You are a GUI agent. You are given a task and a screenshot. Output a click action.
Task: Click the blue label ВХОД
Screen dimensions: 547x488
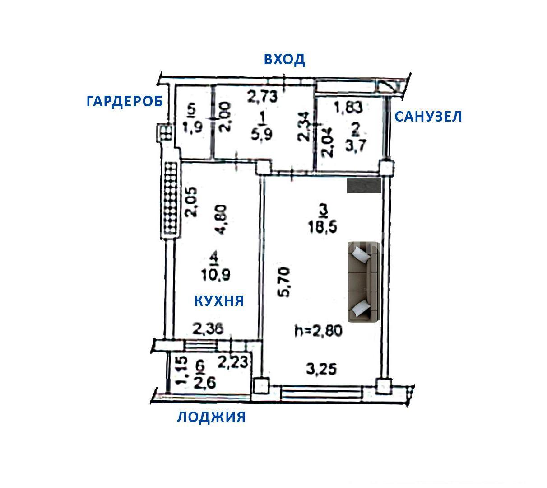[284, 60]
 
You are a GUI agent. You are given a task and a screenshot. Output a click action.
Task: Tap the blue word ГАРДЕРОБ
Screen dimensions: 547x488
[125, 101]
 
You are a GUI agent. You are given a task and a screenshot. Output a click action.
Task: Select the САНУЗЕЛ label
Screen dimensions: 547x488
[428, 117]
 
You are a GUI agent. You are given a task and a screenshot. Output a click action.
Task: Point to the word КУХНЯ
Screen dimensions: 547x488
[219, 300]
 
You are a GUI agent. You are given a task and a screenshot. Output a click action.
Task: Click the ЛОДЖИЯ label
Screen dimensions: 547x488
[211, 417]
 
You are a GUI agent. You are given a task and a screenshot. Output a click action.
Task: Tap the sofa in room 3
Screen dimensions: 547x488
[364, 282]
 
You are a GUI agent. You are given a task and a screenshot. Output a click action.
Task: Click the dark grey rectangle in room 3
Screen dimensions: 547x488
[364, 185]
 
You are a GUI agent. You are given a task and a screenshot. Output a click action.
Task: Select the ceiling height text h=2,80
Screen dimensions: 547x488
[319, 331]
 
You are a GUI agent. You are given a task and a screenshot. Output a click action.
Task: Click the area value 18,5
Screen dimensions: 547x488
[322, 226]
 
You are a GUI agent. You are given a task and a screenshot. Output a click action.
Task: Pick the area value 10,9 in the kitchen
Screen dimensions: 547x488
[216, 275]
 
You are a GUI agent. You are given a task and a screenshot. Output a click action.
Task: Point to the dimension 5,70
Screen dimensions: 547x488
[285, 282]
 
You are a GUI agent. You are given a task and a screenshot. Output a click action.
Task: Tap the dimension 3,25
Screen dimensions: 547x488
[321, 369]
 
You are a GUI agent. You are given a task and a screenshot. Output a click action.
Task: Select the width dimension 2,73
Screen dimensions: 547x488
[262, 97]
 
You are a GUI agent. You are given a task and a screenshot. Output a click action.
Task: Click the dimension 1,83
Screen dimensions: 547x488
[348, 107]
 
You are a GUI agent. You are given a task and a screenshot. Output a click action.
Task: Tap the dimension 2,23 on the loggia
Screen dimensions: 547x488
[233, 362]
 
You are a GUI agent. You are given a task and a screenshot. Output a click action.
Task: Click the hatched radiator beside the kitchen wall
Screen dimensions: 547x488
[170, 200]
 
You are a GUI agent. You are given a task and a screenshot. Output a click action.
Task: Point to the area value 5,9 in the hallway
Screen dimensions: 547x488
[261, 134]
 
